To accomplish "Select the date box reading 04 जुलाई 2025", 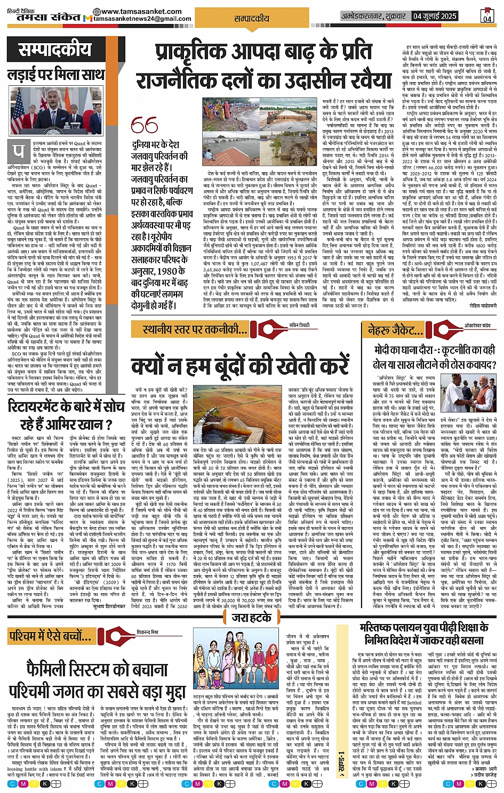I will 435,16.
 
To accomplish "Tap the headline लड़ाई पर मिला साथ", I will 55,74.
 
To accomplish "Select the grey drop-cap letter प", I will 19,151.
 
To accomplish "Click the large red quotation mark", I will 145,126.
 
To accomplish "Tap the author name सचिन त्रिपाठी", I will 299,325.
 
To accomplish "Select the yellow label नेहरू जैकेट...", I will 401,329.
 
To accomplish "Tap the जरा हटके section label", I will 252,618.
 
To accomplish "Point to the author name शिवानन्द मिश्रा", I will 147,632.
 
